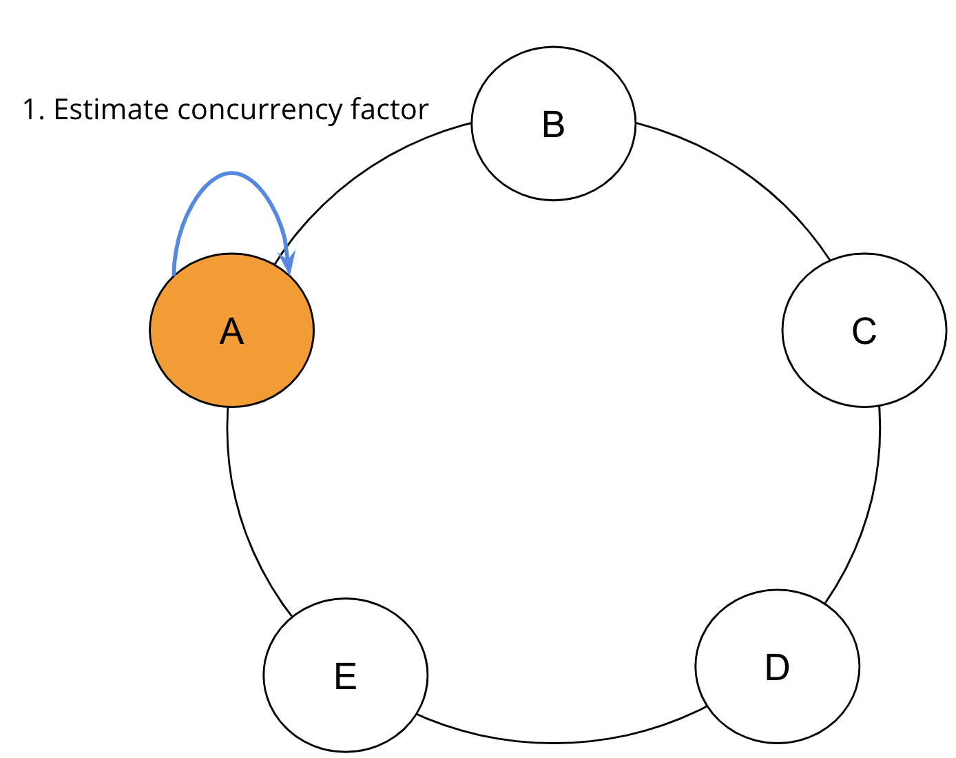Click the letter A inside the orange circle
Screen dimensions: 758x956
tap(232, 331)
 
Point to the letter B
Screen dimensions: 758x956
tap(553, 125)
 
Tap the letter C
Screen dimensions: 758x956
tap(864, 331)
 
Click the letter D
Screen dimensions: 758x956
tap(777, 667)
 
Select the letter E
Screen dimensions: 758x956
tap(345, 676)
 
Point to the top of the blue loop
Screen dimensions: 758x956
tap(232, 174)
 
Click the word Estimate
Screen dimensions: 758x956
tap(111, 110)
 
